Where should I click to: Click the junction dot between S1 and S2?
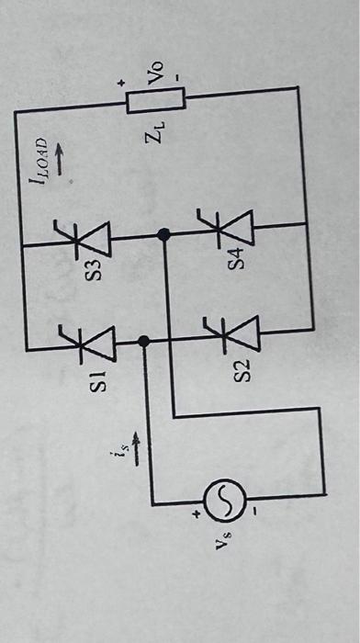pyautogui.click(x=143, y=341)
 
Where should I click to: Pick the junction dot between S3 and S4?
pyautogui.click(x=164, y=235)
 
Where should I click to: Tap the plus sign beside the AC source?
pyautogui.click(x=196, y=516)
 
